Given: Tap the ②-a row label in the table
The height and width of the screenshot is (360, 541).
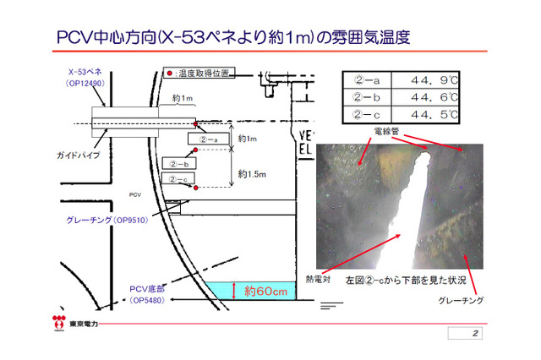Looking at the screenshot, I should pos(367,82).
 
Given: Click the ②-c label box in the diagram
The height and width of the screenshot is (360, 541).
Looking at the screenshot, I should pos(179,178).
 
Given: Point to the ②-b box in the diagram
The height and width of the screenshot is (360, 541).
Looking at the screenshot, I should pos(180,163).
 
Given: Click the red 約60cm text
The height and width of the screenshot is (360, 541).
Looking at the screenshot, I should pos(265,292).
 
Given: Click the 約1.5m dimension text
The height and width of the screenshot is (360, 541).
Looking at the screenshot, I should pos(252,174).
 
